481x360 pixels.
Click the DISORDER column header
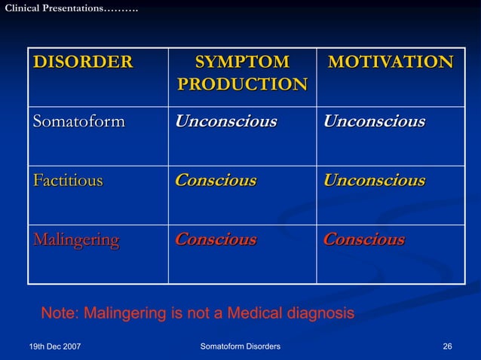coord(82,62)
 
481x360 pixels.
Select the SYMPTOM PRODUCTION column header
coord(242,73)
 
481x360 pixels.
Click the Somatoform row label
coord(78,121)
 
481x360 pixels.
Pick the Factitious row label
coord(68,181)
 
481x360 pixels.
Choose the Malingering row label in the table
coord(75,240)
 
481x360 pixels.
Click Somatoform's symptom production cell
coord(225,121)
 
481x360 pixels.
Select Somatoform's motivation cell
coord(374,121)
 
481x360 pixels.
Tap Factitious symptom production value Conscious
coord(215,181)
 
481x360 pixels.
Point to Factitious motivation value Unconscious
coord(374,181)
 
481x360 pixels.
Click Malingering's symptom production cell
coord(215,240)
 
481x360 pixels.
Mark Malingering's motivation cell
coord(363,240)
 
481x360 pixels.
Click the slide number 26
coord(448,346)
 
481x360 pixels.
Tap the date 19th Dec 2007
coord(55,346)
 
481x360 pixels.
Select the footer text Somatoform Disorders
coord(240,346)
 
